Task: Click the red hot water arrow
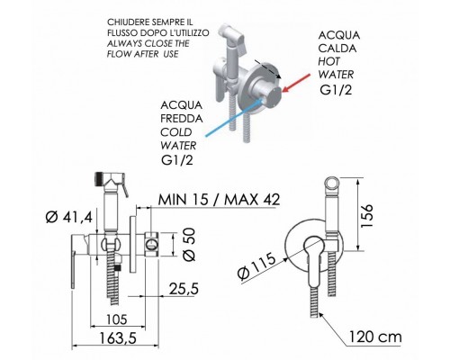pyautogui.click(x=297, y=83)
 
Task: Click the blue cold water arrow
pyautogui.click(x=235, y=117)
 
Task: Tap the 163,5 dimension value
pyautogui.click(x=118, y=338)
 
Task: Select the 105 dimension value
pyautogui.click(x=117, y=319)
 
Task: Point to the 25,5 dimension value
pyautogui.click(x=184, y=289)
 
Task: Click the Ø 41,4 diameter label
pyautogui.click(x=69, y=217)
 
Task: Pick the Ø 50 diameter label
pyautogui.click(x=189, y=244)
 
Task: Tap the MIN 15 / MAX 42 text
pyautogui.click(x=219, y=200)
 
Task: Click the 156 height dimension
pyautogui.click(x=366, y=216)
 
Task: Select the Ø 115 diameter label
pyautogui.click(x=256, y=265)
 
